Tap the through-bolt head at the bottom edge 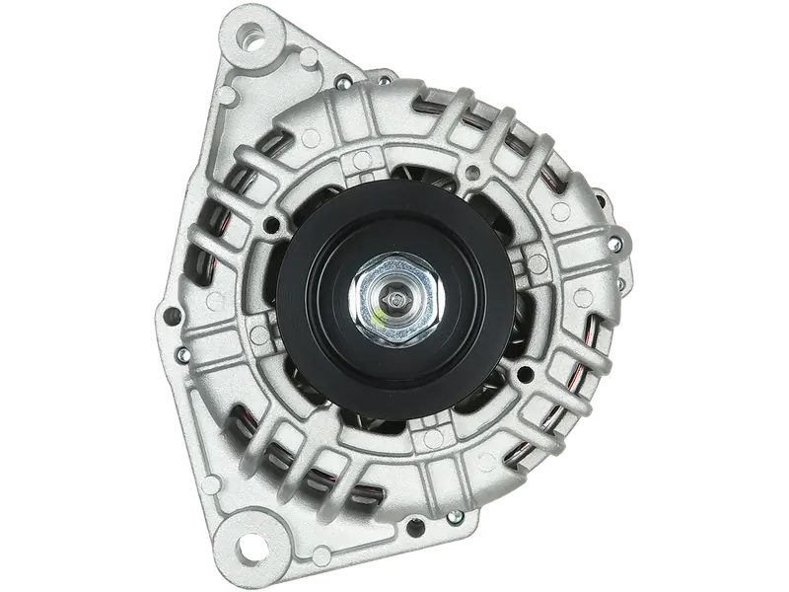coord(452,517)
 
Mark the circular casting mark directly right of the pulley coord(538,260)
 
